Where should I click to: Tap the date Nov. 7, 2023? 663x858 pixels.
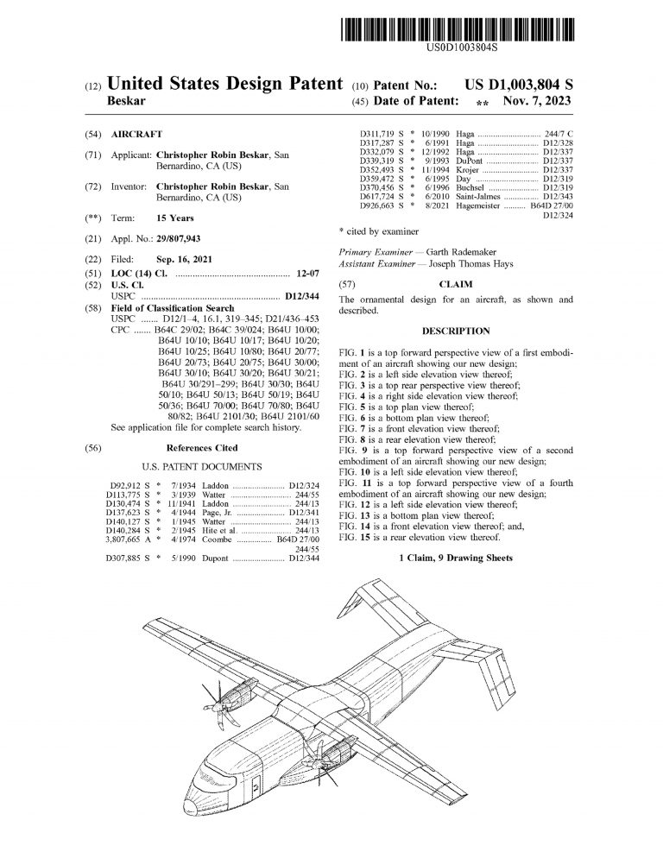coord(540,101)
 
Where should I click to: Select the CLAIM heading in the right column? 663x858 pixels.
coord(456,283)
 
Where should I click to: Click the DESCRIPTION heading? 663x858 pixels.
coord(456,331)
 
